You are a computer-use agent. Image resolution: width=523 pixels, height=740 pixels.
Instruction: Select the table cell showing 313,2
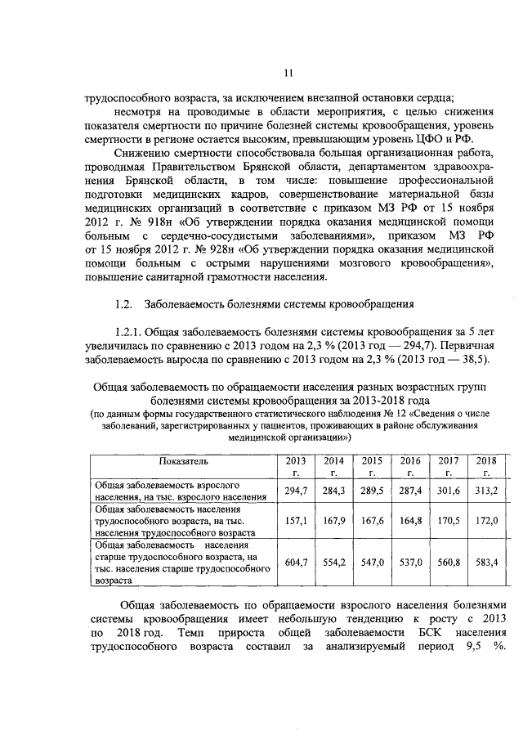click(x=486, y=490)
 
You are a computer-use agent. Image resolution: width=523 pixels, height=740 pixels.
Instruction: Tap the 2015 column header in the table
click(x=372, y=466)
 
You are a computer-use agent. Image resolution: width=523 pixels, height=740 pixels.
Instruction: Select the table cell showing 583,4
click(x=486, y=563)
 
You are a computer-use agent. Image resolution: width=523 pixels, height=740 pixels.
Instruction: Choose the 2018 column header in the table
click(x=486, y=466)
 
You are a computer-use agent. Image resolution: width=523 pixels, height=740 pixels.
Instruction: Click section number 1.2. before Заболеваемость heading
click(x=124, y=305)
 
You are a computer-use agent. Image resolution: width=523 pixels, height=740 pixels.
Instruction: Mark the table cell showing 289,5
click(x=372, y=490)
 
